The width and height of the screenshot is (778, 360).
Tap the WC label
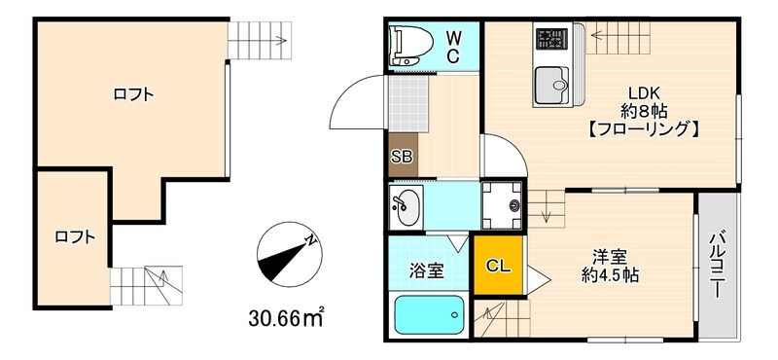[454, 46]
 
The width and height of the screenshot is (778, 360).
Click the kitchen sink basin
[554, 86]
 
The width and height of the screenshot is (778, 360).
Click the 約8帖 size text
[643, 111]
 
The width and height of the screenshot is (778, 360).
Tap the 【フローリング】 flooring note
[644, 128]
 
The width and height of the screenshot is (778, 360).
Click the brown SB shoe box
[403, 157]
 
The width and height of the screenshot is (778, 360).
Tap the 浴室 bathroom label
[425, 270]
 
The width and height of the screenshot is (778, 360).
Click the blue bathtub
[428, 315]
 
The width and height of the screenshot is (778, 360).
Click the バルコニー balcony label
[718, 263]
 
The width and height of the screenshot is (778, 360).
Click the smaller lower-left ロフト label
[75, 235]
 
